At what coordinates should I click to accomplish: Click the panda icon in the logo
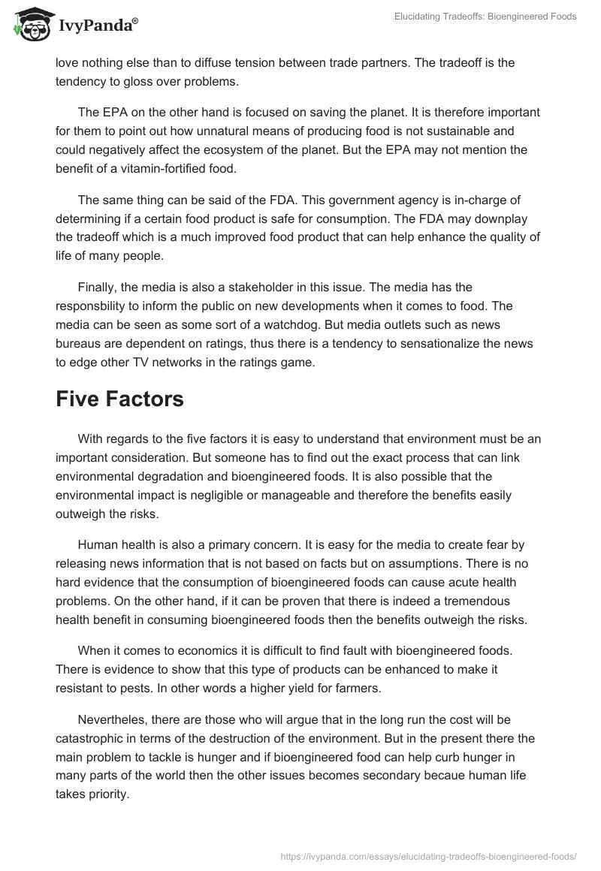[31, 26]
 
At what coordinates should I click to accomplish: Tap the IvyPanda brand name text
[97, 27]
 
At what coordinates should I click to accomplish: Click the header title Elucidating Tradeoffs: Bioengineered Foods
[485, 16]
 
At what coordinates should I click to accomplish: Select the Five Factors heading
[119, 399]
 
